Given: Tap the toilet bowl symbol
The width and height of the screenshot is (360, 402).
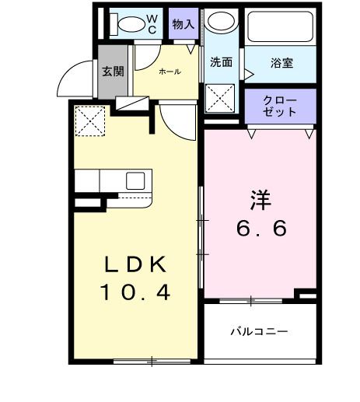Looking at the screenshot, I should (x=124, y=23).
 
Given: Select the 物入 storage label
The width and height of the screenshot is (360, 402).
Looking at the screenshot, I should (x=183, y=25).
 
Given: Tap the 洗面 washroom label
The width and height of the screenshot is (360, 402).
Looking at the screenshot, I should (x=221, y=63).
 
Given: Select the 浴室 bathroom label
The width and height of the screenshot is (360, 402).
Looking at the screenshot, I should (x=281, y=63).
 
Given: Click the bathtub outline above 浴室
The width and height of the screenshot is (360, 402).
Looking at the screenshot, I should (x=281, y=26).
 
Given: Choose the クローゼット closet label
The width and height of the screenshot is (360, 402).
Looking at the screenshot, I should (x=280, y=106).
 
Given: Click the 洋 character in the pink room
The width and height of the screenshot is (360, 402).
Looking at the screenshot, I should (x=259, y=199).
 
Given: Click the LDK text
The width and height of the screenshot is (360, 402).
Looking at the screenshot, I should (x=136, y=264).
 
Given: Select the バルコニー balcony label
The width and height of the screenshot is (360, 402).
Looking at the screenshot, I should (x=258, y=331).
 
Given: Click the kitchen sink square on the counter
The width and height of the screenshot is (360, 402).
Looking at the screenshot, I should (x=135, y=181).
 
